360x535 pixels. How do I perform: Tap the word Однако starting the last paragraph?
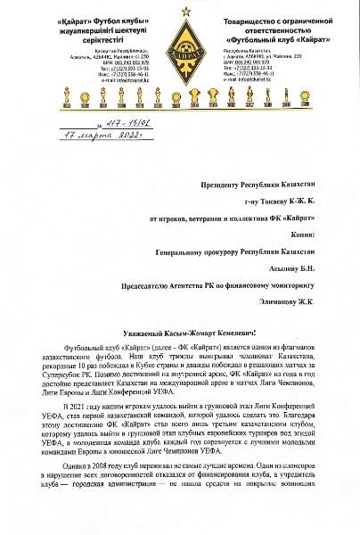(x=73, y=490)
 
